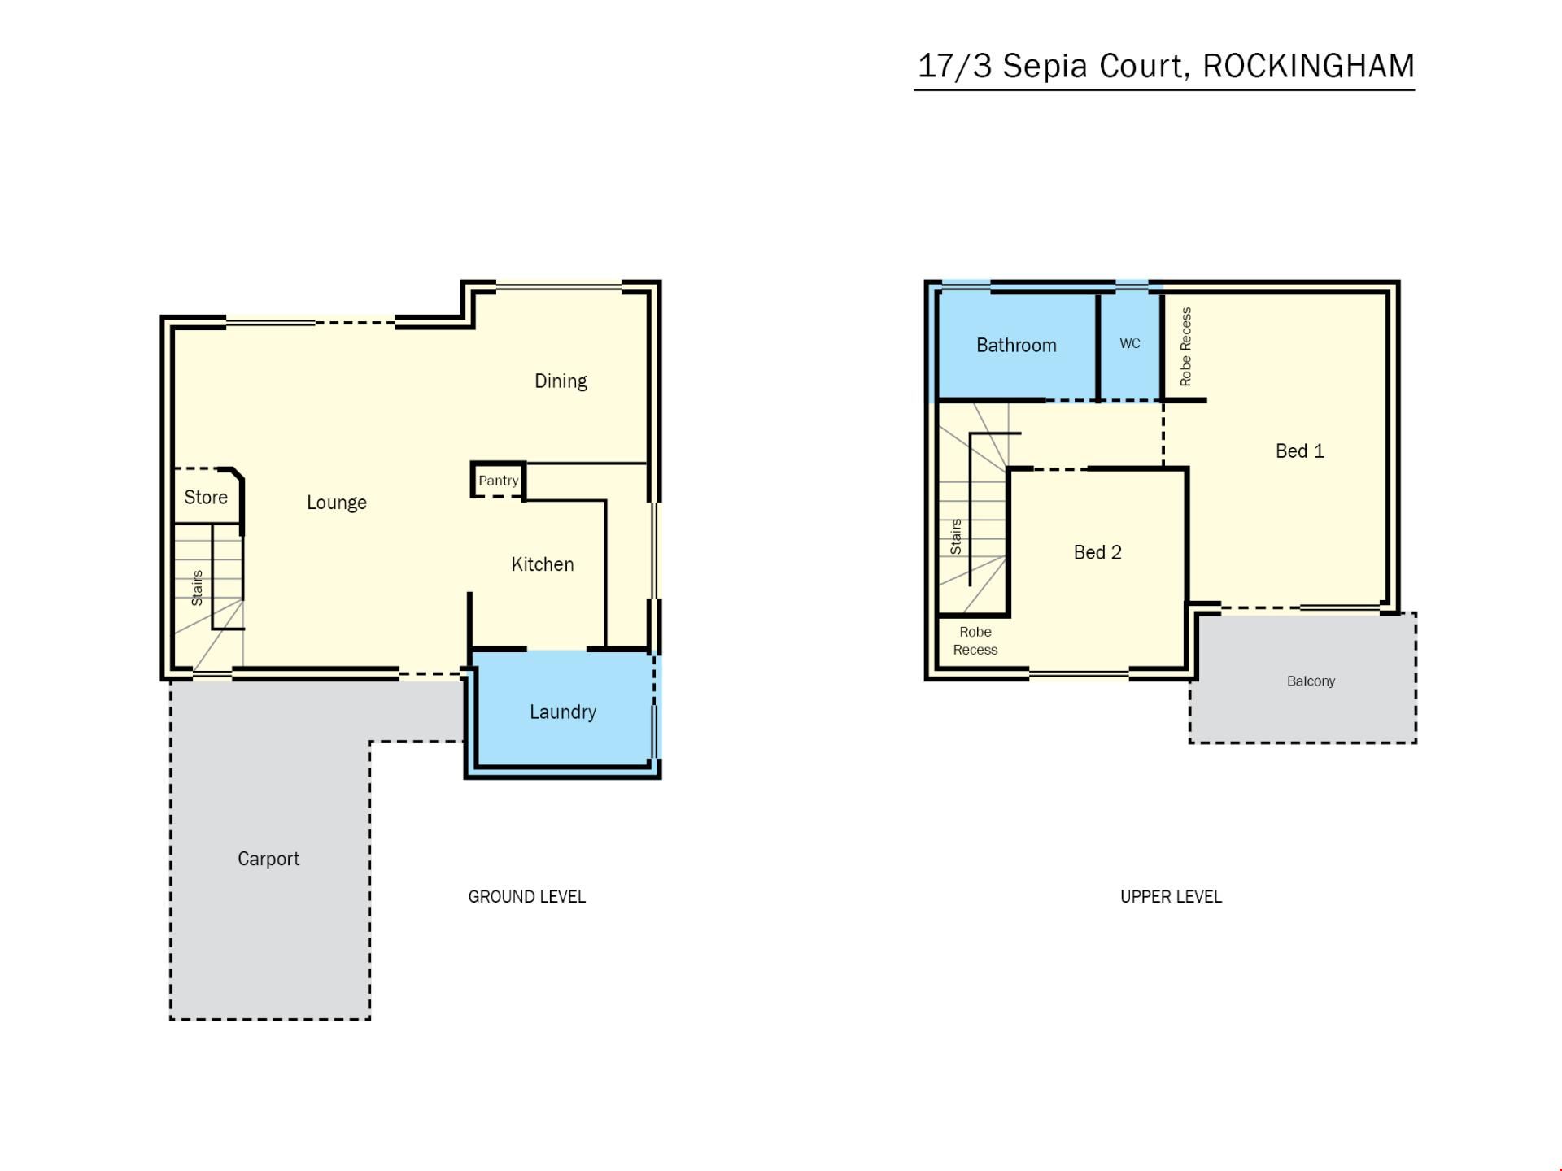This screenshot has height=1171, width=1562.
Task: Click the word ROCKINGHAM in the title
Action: (x=1308, y=66)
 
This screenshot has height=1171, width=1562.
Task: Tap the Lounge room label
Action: (x=337, y=503)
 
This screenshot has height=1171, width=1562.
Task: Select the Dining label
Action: (x=561, y=381)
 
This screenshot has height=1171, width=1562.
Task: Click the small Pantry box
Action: (x=498, y=481)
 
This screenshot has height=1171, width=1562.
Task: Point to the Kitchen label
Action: (x=543, y=564)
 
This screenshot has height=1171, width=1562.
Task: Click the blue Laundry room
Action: (x=563, y=711)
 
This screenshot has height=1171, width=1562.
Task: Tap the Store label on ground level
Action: (x=206, y=498)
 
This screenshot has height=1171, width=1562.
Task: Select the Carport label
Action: (x=268, y=859)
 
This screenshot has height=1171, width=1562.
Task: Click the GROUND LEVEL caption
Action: (x=526, y=897)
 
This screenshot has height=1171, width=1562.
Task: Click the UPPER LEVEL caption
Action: (x=1171, y=897)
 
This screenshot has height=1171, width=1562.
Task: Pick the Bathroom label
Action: (x=1016, y=346)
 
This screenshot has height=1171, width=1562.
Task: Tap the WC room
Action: (x=1130, y=344)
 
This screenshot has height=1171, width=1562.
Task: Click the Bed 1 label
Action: (x=1300, y=451)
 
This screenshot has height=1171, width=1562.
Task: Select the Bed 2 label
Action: (x=1097, y=553)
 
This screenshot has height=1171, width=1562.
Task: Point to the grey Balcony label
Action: (x=1311, y=681)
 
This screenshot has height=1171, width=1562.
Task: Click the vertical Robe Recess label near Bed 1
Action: (x=1185, y=346)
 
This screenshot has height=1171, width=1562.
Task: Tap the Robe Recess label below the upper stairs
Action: (x=975, y=641)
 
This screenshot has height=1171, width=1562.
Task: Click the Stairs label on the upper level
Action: (x=956, y=537)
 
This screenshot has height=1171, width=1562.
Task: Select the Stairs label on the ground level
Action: (x=197, y=588)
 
